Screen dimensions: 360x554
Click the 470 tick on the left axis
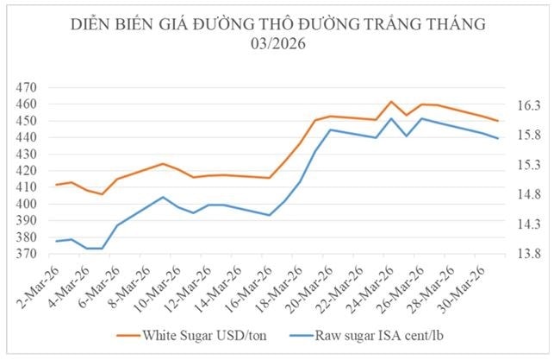26,88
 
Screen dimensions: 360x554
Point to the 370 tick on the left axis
26,255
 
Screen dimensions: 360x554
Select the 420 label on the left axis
26,171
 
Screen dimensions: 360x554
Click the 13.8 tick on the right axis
526,255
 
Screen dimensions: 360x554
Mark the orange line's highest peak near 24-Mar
391,102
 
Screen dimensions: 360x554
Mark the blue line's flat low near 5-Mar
94,249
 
